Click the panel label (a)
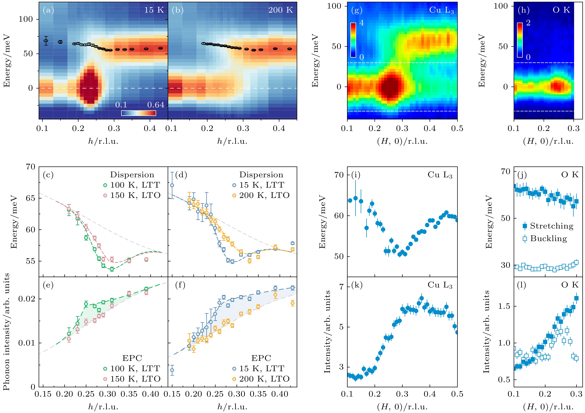(48, 10)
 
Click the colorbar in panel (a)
(138, 113)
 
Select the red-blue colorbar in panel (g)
(353, 40)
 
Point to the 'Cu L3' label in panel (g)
(441, 10)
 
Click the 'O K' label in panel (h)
(561, 10)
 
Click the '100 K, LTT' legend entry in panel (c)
(132, 185)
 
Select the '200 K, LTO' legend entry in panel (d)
(261, 195)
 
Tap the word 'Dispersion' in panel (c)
(132, 175)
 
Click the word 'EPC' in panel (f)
(261, 358)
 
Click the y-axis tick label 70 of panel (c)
(30, 167)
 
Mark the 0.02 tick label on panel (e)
(27, 299)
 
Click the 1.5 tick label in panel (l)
(504, 306)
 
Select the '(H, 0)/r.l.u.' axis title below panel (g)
(402, 141)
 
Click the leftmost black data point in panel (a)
(46, 41)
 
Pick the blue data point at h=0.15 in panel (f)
(172, 370)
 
